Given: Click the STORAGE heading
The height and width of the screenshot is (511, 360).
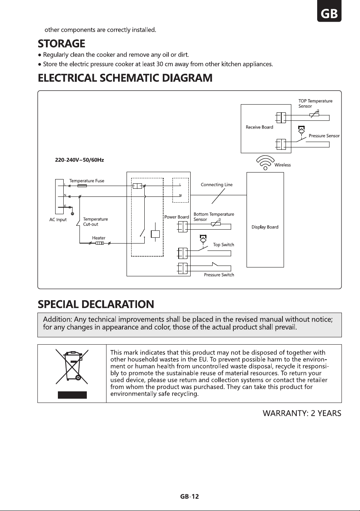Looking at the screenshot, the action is pyautogui.click(x=61, y=44).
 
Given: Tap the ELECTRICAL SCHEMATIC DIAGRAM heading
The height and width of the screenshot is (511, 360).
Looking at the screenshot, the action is pyautogui.click(x=125, y=78).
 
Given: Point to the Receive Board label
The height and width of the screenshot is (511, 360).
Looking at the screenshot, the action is pyautogui.click(x=259, y=127).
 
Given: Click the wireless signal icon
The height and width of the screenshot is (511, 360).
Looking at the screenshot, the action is pyautogui.click(x=265, y=162).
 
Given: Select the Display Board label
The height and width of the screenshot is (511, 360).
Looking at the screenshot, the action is pyautogui.click(x=265, y=227).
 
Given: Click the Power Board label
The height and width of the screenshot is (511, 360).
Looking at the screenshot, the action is pyautogui.click(x=177, y=217).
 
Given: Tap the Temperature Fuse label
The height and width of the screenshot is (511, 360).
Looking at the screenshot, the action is pyautogui.click(x=87, y=181).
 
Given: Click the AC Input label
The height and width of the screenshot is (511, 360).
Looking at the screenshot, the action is pyautogui.click(x=58, y=220).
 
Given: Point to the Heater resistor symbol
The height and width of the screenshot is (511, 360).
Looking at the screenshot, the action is pyautogui.click(x=100, y=243).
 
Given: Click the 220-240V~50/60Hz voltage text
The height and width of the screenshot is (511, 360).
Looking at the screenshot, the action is pyautogui.click(x=79, y=160).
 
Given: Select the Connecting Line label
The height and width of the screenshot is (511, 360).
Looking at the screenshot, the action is pyautogui.click(x=216, y=184).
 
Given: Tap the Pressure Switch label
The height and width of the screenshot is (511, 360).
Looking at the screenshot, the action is pyautogui.click(x=219, y=275).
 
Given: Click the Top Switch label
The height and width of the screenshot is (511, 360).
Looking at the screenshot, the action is pyautogui.click(x=223, y=245).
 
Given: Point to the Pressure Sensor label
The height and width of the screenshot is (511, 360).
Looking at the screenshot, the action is pyautogui.click(x=324, y=136).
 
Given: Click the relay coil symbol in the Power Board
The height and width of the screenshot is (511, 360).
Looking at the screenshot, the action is pyautogui.click(x=155, y=234).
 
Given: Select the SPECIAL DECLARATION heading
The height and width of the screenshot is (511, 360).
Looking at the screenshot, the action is pyautogui.click(x=96, y=304).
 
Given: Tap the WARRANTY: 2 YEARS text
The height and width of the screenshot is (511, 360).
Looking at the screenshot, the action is pyautogui.click(x=302, y=413).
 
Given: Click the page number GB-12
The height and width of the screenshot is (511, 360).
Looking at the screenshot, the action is pyautogui.click(x=189, y=497).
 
